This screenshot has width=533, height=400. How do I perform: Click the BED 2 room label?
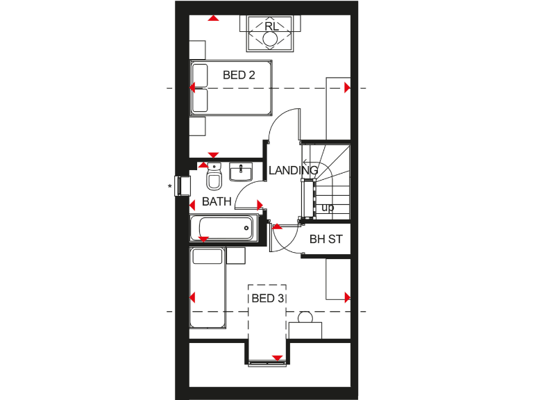click(x=238, y=75)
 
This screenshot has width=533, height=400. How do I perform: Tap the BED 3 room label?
click(x=266, y=299)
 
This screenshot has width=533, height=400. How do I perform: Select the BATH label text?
click(x=216, y=202)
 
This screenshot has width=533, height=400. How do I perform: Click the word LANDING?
click(x=293, y=170)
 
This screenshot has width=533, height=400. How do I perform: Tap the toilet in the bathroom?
click(x=214, y=181)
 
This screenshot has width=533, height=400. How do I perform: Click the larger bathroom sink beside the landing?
click(x=244, y=172)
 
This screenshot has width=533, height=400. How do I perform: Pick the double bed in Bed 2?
click(x=230, y=87)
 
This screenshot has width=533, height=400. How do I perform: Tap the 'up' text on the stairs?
click(x=328, y=208)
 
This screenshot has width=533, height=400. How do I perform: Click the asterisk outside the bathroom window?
click(x=169, y=187)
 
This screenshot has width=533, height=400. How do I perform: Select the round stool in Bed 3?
click(x=305, y=318)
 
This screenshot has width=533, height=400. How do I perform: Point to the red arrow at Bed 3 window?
click(x=277, y=358)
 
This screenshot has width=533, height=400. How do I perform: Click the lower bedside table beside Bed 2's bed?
click(x=198, y=126)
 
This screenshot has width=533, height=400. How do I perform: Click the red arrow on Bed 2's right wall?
click(x=347, y=88)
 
